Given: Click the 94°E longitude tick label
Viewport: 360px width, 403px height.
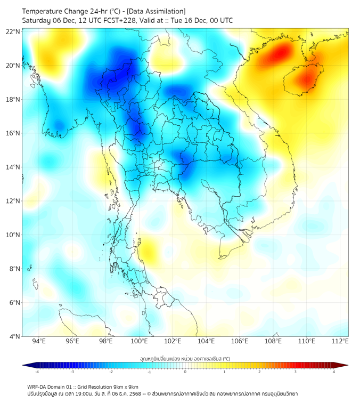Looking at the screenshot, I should pyautogui.click(x=39, y=341).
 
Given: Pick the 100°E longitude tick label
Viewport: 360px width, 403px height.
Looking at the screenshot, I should pyautogui.click(x=139, y=341).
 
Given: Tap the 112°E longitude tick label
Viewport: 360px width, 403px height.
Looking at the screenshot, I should pyautogui.click(x=340, y=341).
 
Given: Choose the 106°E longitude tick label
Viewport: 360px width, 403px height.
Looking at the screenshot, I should pyautogui.click(x=240, y=341).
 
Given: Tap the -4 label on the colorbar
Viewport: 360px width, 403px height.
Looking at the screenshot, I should pyautogui.click(x=37, y=372).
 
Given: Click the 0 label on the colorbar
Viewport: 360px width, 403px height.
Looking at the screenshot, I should pyautogui.click(x=185, y=372).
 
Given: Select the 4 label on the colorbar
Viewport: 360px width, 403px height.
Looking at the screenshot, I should pyautogui.click(x=334, y=372).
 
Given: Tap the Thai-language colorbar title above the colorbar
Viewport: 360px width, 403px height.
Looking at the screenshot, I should pyautogui.click(x=185, y=359).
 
